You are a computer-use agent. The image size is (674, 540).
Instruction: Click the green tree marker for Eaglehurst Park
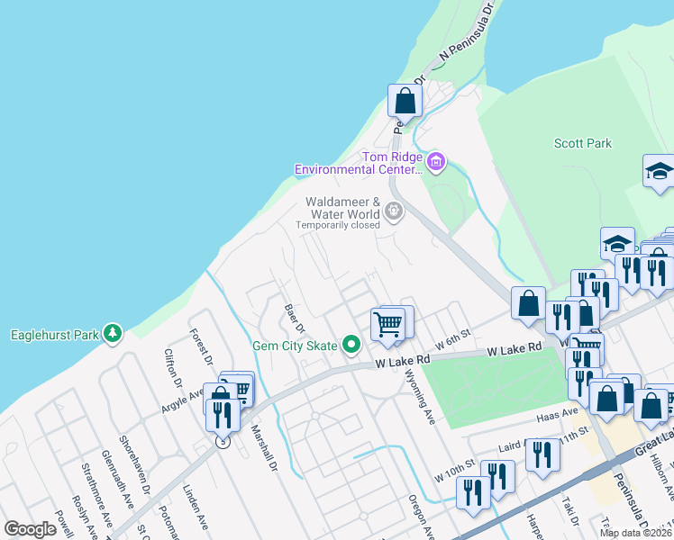(113, 334)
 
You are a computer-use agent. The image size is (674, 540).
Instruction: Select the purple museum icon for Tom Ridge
(436, 162)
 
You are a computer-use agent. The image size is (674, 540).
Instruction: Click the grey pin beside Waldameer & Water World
(393, 211)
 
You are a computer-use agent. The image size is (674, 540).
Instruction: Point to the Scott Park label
(582, 143)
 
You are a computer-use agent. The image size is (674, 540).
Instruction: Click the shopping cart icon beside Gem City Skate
(388, 323)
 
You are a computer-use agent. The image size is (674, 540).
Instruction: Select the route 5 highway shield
(222, 442)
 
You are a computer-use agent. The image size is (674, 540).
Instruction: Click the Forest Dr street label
(200, 346)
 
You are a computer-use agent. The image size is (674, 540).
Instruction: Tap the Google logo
(31, 529)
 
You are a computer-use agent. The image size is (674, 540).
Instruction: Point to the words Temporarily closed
(339, 225)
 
